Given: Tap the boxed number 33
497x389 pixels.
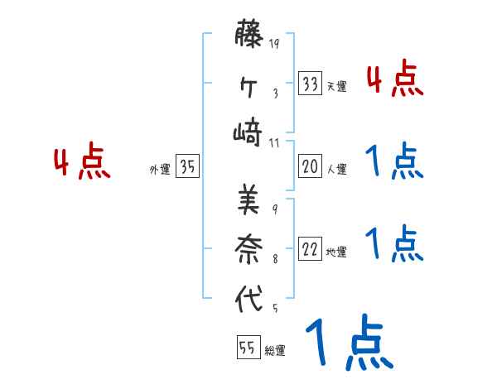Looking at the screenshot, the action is pos(310,83).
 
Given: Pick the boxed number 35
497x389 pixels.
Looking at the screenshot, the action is pos(187,166).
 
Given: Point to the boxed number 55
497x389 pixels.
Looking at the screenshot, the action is pos(248,348).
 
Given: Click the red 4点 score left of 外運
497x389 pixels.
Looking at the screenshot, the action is pos(82,162).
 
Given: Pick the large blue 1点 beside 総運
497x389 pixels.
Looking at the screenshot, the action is pos(348,343).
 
